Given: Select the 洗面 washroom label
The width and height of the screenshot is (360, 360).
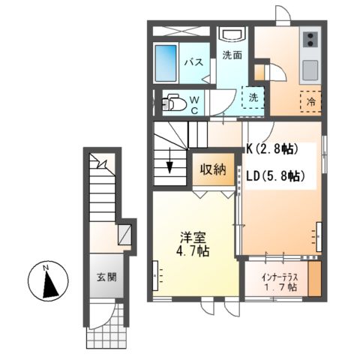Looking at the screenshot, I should (x=232, y=55).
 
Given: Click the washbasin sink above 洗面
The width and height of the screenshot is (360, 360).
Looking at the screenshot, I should (x=232, y=34).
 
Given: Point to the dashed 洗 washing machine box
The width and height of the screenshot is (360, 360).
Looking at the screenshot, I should (x=254, y=97).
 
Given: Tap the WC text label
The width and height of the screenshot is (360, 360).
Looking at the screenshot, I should (x=193, y=104).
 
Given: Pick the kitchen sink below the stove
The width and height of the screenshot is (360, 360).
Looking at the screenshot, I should (x=310, y=68).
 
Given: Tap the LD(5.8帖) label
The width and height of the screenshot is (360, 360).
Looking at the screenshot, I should (x=274, y=177).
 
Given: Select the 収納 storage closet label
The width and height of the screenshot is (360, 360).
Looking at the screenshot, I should (x=212, y=169).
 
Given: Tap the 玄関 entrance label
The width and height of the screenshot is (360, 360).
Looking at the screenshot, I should (x=105, y=277).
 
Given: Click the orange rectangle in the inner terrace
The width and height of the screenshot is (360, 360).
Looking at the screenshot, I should (x=315, y=278).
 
